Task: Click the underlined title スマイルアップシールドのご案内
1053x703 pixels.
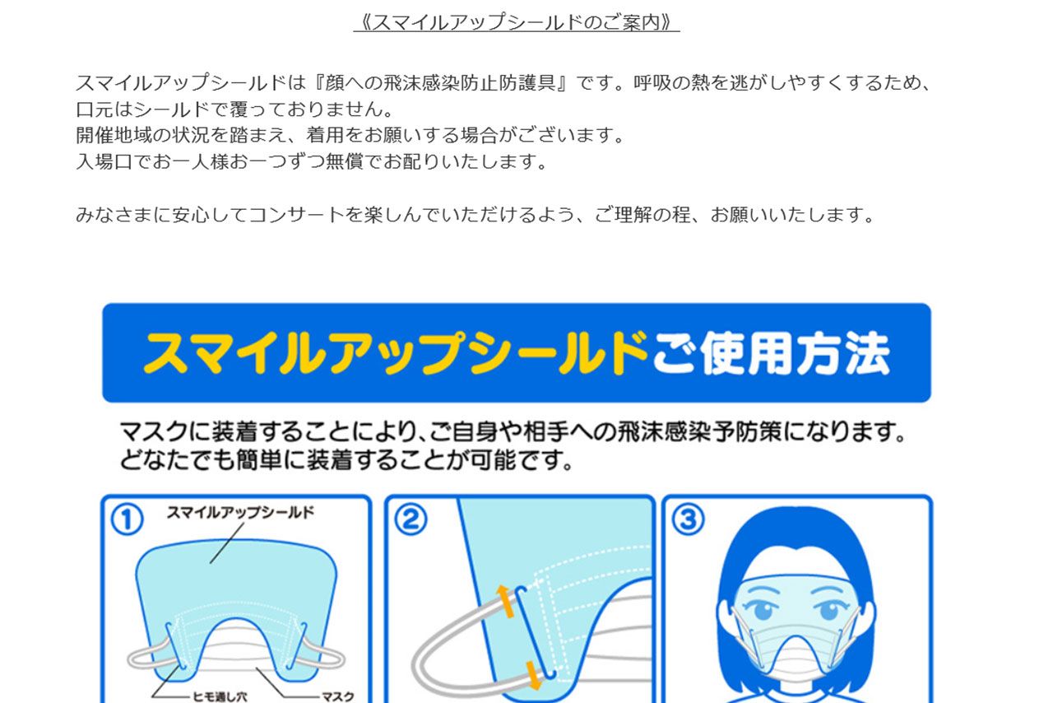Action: click(x=517, y=22)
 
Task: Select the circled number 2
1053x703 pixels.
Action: click(x=411, y=519)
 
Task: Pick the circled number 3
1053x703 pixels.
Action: click(x=689, y=519)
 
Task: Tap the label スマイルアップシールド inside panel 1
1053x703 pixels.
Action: click(x=240, y=513)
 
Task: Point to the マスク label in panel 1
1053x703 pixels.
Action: click(x=336, y=696)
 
